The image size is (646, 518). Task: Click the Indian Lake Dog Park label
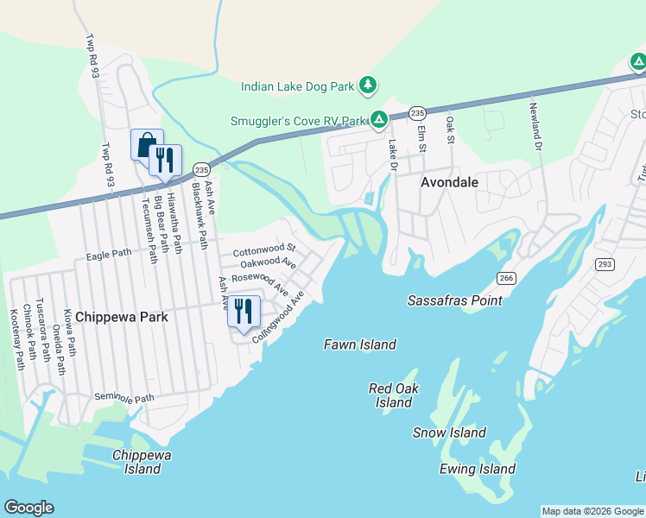(298, 86)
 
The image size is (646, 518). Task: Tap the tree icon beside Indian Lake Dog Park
(369, 85)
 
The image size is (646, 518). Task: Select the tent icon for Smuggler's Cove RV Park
(378, 119)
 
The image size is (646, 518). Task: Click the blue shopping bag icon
(146, 143)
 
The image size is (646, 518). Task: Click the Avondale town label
(449, 183)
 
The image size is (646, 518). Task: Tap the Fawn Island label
(360, 344)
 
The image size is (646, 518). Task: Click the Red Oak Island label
(394, 395)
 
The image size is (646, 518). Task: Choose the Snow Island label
(449, 433)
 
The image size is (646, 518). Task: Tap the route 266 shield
(505, 276)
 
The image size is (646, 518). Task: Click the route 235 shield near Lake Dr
(417, 113)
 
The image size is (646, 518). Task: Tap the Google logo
(28, 508)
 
